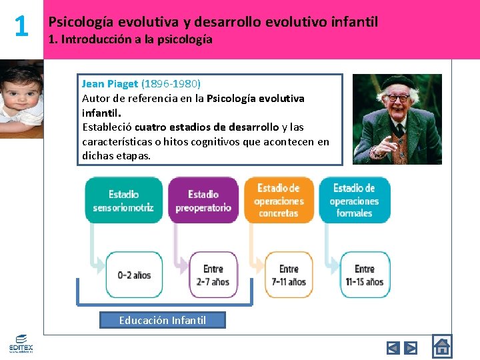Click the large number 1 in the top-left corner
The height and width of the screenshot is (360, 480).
pos(21,27)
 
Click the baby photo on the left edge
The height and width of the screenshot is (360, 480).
pos(21,99)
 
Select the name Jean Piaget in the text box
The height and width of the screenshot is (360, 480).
pos(110,83)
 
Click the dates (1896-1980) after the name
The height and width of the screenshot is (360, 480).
pos(171,83)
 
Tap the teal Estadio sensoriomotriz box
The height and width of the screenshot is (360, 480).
pos(123,200)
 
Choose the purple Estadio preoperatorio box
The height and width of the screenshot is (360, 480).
pos(203,200)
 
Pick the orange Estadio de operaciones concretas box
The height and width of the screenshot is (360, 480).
pos(279,200)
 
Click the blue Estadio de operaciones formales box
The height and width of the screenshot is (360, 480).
pos(354,200)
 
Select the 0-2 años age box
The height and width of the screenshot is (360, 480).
pos(134,275)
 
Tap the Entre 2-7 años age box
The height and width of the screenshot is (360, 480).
pos(213,275)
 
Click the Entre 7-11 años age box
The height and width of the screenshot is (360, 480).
pos(289,275)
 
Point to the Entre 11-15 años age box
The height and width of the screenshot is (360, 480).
pos(365,275)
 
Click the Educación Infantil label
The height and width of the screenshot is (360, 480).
pos(163,320)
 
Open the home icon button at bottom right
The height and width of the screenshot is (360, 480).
pos(441,347)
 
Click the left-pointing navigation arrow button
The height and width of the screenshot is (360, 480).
pos(393,347)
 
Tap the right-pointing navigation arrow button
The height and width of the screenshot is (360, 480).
pos(411,347)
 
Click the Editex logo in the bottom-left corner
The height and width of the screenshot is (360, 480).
pos(21,343)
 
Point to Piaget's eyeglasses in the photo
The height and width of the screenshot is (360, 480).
pos(398,98)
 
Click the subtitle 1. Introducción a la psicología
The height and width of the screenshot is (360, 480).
pos(131,39)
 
